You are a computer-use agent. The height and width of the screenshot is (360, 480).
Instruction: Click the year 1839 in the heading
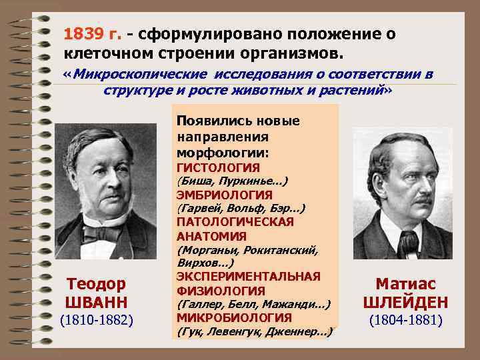click(83, 33)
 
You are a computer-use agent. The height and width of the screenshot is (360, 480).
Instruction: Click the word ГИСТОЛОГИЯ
click(218, 167)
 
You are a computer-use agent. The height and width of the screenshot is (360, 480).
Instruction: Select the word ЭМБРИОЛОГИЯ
click(224, 195)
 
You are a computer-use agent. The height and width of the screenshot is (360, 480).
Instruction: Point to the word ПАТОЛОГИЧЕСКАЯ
click(235, 222)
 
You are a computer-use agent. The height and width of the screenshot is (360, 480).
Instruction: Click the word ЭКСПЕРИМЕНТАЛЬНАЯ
click(248, 276)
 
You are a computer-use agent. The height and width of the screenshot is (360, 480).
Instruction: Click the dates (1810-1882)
click(97, 321)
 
